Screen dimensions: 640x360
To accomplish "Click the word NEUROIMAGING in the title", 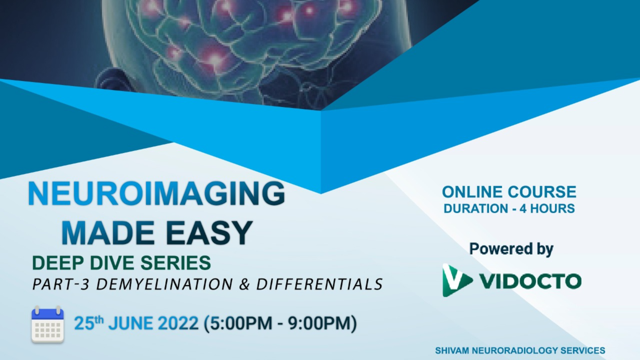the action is coord(157,193).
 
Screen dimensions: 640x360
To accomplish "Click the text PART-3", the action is coord(61,284).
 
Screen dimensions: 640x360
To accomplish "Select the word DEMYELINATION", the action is coord(165,284).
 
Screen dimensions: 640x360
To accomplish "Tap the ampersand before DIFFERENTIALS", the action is coord(244,284).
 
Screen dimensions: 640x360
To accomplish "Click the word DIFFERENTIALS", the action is coord(319,284).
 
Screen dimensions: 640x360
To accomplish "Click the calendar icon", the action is coord(48,324).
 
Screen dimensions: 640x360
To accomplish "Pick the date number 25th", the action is coord(89,323).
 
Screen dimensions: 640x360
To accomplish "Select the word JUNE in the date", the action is coord(130,323).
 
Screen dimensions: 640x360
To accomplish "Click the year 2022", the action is coord(178,323).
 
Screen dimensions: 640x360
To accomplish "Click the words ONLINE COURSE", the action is coord(509,192).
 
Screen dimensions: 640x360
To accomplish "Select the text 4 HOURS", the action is coord(547,209).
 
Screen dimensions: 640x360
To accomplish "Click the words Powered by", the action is coord(511,249).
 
